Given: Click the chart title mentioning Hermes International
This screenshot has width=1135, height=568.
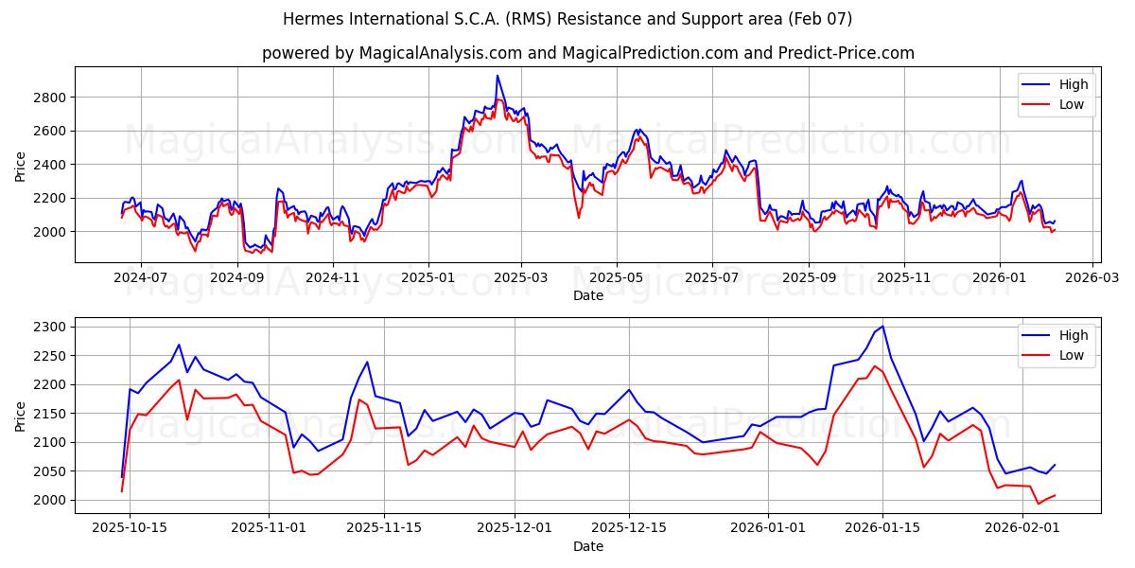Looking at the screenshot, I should tap(567, 19).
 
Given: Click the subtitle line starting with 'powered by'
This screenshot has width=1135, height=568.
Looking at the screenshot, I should tap(588, 53).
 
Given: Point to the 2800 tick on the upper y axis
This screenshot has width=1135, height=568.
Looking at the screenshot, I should tap(51, 98).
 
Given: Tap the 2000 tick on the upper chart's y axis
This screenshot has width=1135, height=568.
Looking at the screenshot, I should tap(51, 232).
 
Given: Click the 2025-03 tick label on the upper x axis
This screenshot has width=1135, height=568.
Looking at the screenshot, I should tap(522, 278).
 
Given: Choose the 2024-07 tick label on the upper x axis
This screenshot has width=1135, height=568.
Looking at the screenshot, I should tap(141, 278).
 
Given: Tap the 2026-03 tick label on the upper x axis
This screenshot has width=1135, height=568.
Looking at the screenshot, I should tap(1093, 278).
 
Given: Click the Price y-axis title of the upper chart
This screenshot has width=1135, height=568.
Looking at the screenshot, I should tap(21, 165).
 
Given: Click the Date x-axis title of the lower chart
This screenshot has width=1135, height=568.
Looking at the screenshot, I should tap(588, 546).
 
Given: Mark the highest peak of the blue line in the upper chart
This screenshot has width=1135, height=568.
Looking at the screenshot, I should tap(498, 76).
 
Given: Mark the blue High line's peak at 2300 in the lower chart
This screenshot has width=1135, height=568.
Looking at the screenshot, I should tap(883, 327).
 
